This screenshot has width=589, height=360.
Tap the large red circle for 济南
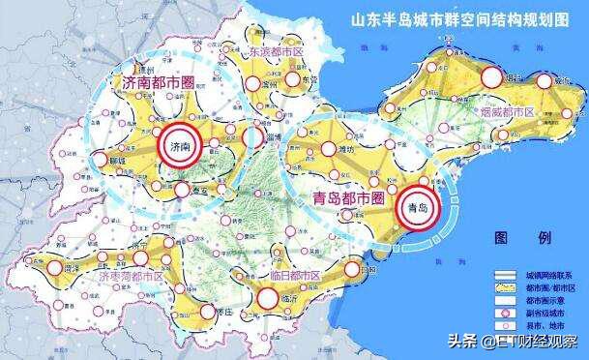click(175, 146)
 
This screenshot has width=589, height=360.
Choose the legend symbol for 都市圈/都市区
click(508, 288)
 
